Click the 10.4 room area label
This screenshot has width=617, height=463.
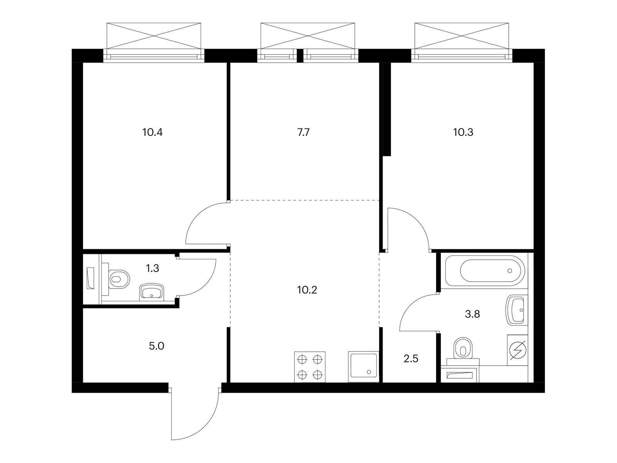tap(152, 132)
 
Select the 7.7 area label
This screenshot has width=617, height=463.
tap(303, 132)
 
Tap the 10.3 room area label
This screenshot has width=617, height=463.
tap(463, 132)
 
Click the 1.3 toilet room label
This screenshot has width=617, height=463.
tap(153, 269)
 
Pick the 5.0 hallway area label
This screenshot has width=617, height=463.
tap(157, 346)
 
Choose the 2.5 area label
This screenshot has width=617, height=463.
tap(411, 358)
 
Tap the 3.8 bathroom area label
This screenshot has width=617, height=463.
tap(472, 314)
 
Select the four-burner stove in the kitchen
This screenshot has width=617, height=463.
tap(310, 367)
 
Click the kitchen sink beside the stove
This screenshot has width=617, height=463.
tap(363, 367)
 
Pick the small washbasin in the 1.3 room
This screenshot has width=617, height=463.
tap(152, 292)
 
